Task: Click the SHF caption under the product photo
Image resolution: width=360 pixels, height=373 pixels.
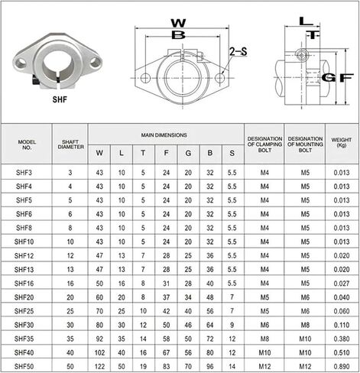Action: (60, 99)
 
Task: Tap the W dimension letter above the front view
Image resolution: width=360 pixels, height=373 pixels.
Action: (178, 23)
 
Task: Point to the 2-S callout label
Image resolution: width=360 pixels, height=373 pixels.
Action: (238, 51)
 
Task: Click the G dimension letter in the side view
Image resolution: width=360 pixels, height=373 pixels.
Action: (329, 78)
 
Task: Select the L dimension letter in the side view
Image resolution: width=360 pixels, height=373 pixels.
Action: (306, 21)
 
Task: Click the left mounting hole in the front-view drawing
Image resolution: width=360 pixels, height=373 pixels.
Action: (145, 78)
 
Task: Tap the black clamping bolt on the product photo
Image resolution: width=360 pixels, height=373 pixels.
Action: (35, 81)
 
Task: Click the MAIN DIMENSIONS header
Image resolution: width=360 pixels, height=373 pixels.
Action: (164, 135)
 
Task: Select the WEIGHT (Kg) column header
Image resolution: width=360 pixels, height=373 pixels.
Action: (342, 142)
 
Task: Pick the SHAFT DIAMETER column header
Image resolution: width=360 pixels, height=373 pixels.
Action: (70, 144)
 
